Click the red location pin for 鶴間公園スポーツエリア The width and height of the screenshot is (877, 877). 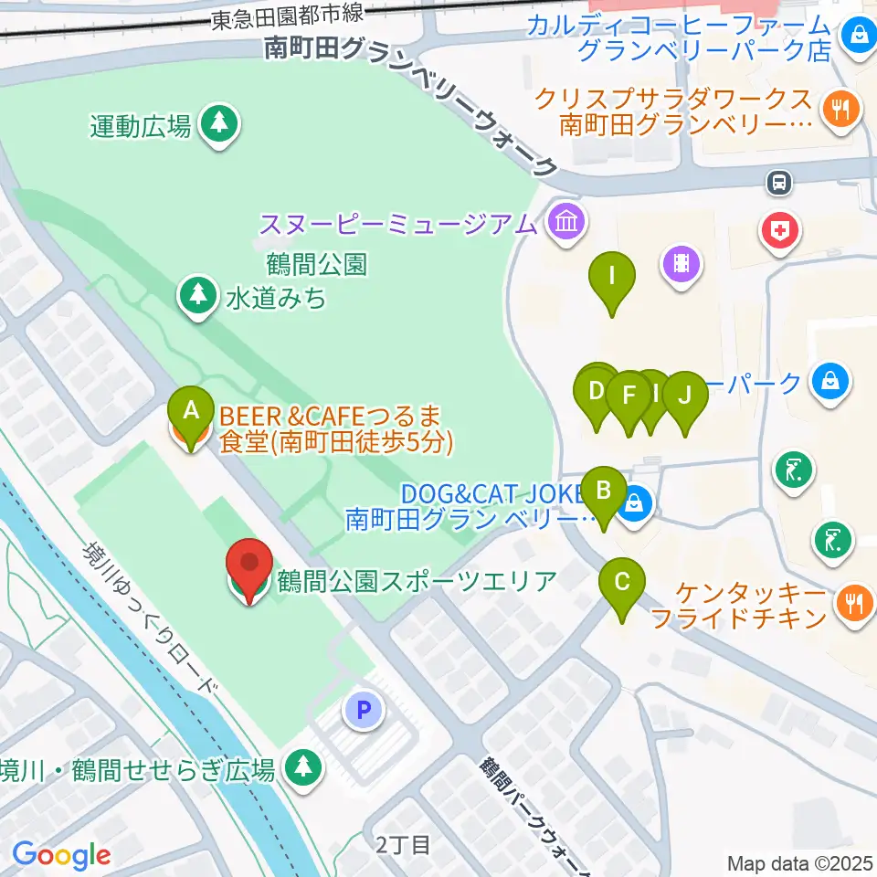(248, 570)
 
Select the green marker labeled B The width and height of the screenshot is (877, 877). (603, 494)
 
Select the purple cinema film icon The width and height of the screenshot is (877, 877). (682, 265)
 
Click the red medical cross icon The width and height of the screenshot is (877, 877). (779, 230)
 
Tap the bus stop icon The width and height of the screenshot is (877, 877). (779, 183)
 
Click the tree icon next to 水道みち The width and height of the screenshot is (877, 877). (195, 295)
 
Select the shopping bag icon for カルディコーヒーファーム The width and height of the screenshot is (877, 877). (858, 37)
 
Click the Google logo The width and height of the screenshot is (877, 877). (61, 855)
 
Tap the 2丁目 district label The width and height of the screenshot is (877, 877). (402, 845)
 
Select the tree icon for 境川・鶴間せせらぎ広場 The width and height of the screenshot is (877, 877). (302, 768)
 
